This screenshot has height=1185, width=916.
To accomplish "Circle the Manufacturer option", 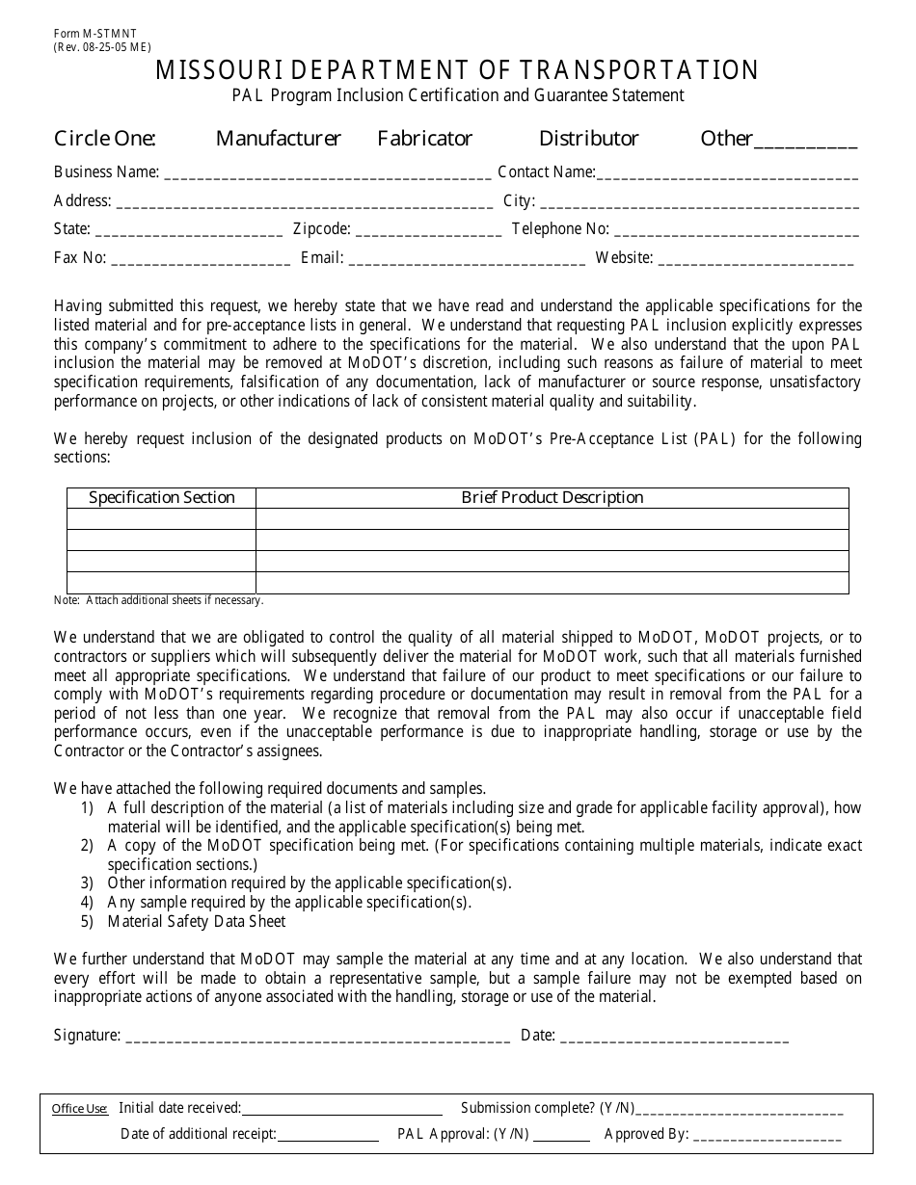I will pos(278,139).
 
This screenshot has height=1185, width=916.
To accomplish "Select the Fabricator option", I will pos(424,139).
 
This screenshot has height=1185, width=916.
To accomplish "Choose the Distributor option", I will pos(588,139).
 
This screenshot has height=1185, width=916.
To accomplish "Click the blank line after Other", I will pos(805,143).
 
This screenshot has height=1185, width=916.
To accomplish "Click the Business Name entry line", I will pos(328,175).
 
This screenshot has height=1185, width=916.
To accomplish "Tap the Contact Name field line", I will pos(728,175).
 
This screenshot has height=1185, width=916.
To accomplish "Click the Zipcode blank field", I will pos(428,232).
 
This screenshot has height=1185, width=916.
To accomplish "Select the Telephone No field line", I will pos(737,232).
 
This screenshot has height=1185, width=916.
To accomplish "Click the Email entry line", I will pos(466,261).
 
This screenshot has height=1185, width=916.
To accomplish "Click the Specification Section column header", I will pos(162,498).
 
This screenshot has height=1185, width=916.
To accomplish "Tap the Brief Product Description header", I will pos(552,498).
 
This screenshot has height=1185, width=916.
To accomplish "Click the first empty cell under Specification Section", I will pos(161,519).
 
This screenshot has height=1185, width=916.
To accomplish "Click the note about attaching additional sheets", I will pos(158,600).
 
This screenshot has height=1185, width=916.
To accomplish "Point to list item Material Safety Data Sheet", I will pos(196,921).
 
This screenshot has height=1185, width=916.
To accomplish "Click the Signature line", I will pos(317,1039).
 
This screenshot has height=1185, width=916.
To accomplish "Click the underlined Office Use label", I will pos(80,1109).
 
